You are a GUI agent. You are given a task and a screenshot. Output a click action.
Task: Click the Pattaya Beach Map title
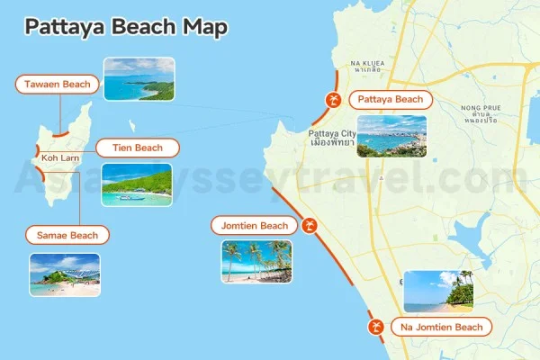[x=125, y=27]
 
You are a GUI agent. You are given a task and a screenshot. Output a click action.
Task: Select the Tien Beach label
[x=135, y=148]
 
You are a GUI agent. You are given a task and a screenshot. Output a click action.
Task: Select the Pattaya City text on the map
[x=332, y=136]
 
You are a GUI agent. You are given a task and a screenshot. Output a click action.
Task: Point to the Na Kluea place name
[x=368, y=64]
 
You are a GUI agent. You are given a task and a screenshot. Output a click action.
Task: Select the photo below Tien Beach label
[x=136, y=184]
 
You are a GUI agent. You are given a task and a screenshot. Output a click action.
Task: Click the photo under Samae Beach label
[x=65, y=274]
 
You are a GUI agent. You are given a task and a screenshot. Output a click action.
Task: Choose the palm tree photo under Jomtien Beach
[x=256, y=262]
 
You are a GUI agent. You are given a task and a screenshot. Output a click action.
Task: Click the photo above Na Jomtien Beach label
[x=438, y=292]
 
